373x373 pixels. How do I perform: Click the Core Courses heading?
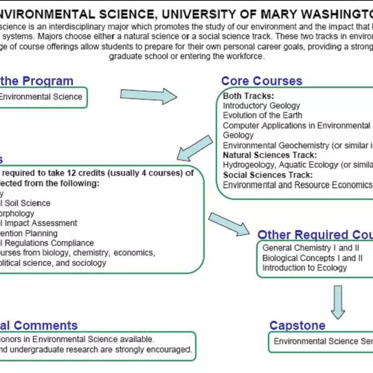(x=261, y=81)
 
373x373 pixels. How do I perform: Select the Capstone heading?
(x=297, y=325)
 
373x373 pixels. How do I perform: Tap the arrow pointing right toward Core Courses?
(x=148, y=95)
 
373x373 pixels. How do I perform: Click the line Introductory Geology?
(x=262, y=106)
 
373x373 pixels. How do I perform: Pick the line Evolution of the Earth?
(x=262, y=115)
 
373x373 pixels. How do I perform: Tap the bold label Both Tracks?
(x=249, y=96)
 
